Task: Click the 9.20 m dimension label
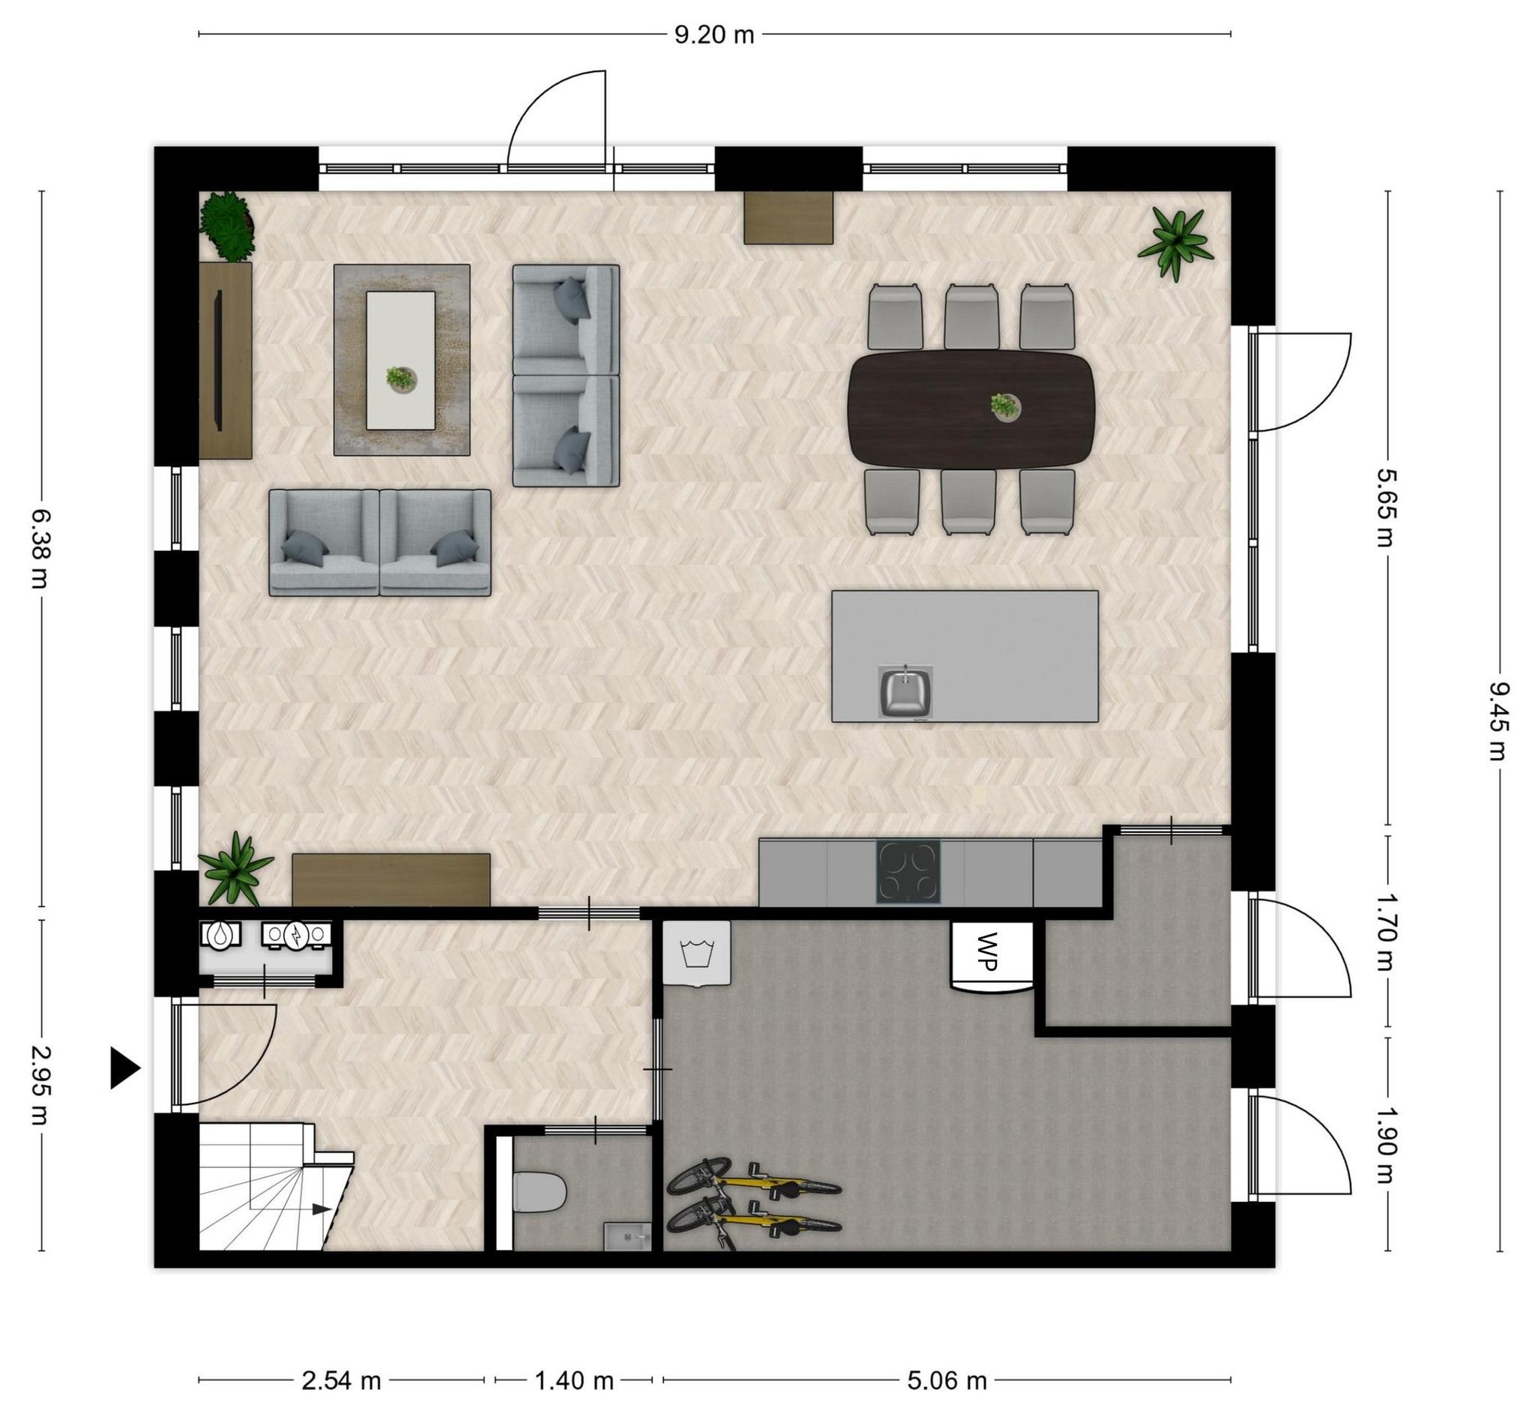tap(714, 35)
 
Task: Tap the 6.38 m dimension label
tap(38, 547)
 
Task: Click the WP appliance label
tap(988, 951)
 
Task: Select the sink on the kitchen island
tap(905, 692)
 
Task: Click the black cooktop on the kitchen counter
tap(908, 871)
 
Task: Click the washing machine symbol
tap(696, 954)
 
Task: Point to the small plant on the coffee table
tap(400, 379)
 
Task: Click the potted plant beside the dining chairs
tap(1174, 243)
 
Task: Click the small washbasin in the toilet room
tap(627, 1236)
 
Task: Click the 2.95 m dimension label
tap(38, 1085)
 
